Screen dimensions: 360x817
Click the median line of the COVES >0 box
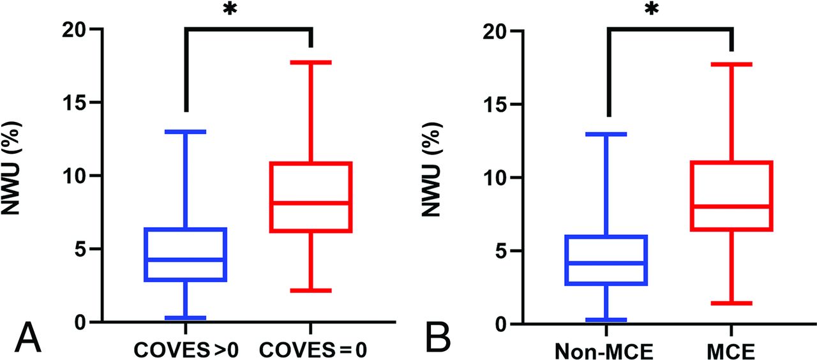(x=186, y=259)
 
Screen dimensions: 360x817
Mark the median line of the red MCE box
(x=731, y=206)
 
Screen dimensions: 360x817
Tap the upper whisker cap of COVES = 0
(x=311, y=62)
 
